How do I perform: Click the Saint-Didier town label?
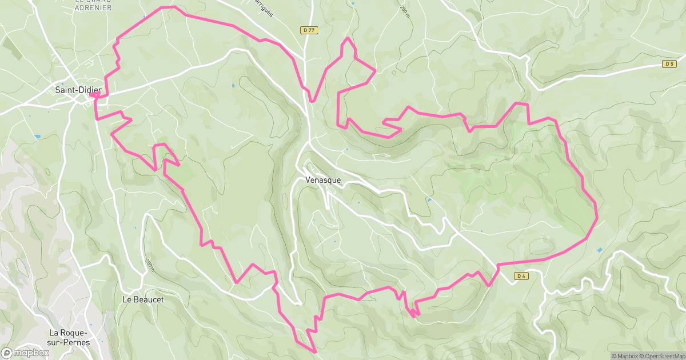pyautogui.click(x=78, y=90)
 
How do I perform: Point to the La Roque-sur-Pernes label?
pyautogui.click(x=69, y=337)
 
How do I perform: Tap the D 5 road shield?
pyautogui.click(x=669, y=64)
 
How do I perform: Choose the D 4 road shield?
pyautogui.click(x=520, y=277)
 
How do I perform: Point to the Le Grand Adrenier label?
pyautogui.click(x=93, y=5)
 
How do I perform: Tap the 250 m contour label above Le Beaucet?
pyautogui.click(x=150, y=265)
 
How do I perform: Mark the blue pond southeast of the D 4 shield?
pyautogui.click(x=599, y=250)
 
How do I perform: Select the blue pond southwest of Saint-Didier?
pyautogui.click(x=37, y=137)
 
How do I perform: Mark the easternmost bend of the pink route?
pyautogui.click(x=597, y=217)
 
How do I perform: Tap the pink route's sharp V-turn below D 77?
pyautogui.click(x=313, y=101)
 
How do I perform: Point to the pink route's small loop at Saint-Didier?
pyautogui.click(x=94, y=95)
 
